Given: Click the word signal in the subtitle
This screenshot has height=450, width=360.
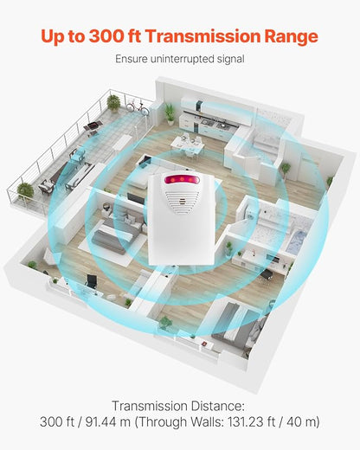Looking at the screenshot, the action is (229, 60).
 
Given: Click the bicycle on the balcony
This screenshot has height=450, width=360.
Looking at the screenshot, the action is (138, 106).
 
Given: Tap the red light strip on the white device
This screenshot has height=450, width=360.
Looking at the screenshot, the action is (182, 180).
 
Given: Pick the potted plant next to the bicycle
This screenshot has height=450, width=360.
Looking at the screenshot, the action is (113, 103).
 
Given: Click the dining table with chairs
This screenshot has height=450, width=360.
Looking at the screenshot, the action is (187, 145).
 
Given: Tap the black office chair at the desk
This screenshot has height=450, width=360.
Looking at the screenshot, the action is (92, 281).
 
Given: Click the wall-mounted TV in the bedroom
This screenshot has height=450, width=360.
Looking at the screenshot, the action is (136, 199).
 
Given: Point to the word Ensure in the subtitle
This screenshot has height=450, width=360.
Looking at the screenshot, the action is (131, 59).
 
